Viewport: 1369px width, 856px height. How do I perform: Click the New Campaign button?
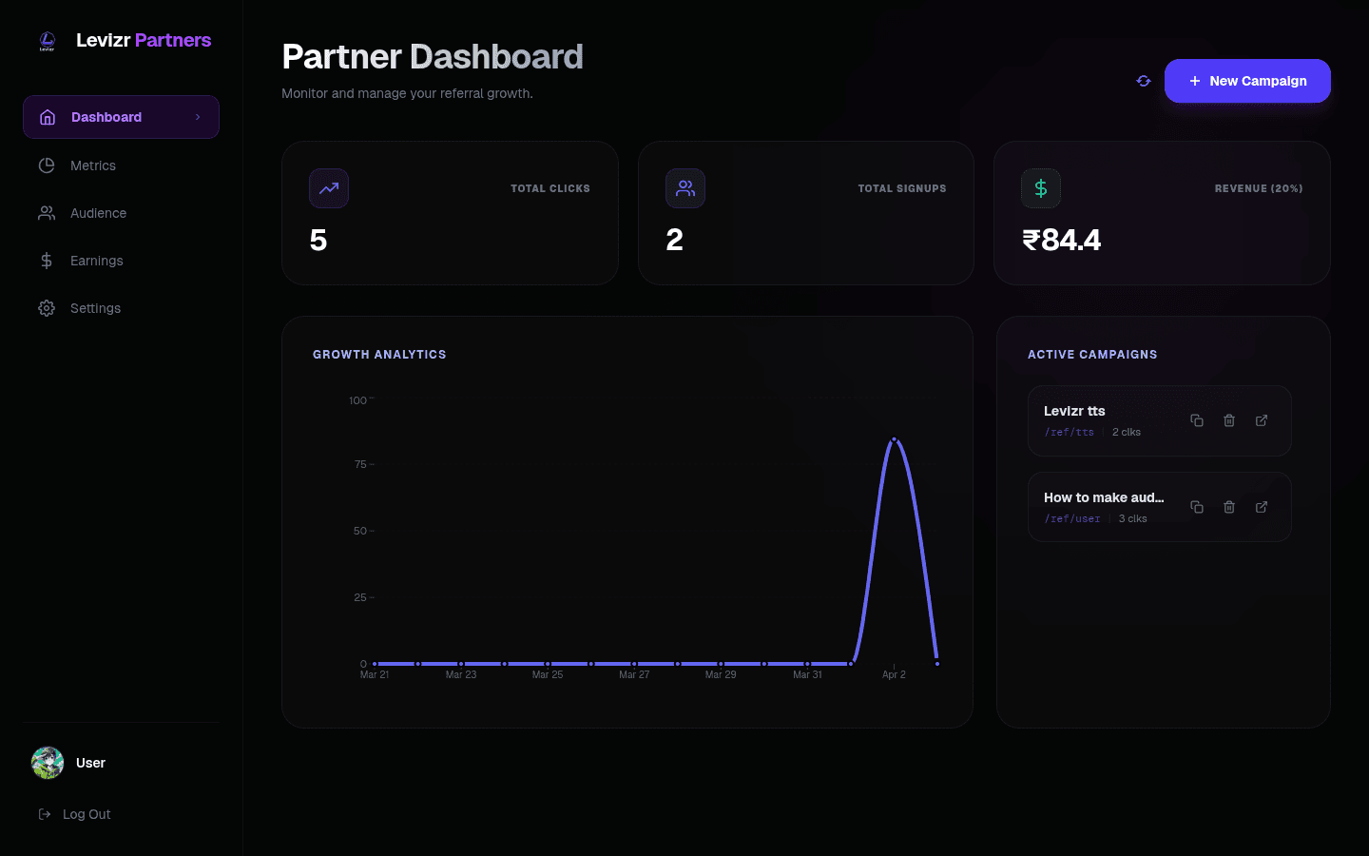(x=1247, y=81)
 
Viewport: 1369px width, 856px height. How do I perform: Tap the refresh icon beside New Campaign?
(x=1144, y=81)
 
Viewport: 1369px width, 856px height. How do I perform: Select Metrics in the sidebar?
(x=92, y=165)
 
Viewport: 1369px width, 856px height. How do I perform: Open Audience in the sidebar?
(x=97, y=213)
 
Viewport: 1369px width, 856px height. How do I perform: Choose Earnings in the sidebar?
(x=96, y=261)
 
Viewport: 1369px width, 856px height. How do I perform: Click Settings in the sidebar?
(x=95, y=308)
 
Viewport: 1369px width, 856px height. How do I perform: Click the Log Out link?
(x=86, y=814)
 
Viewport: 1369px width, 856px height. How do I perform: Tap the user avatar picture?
(x=48, y=763)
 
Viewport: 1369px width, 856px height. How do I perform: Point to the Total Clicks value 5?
(x=318, y=240)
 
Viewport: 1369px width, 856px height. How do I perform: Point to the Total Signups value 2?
(x=674, y=240)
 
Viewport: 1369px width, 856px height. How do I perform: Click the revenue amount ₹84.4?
(x=1061, y=240)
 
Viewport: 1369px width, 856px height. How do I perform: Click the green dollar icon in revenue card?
(x=1041, y=188)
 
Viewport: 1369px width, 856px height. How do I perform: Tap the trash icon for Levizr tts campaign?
(x=1229, y=420)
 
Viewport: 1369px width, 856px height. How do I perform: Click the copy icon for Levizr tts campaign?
(x=1197, y=420)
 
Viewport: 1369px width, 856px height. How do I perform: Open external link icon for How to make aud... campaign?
(x=1262, y=507)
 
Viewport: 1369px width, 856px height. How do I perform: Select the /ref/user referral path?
(x=1072, y=518)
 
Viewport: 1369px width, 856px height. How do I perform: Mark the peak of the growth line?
(x=894, y=439)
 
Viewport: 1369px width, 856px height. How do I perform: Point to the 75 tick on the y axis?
(x=360, y=464)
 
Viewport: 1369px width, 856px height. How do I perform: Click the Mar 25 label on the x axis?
(x=548, y=674)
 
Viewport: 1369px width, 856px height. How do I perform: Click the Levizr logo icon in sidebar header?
(x=48, y=41)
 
